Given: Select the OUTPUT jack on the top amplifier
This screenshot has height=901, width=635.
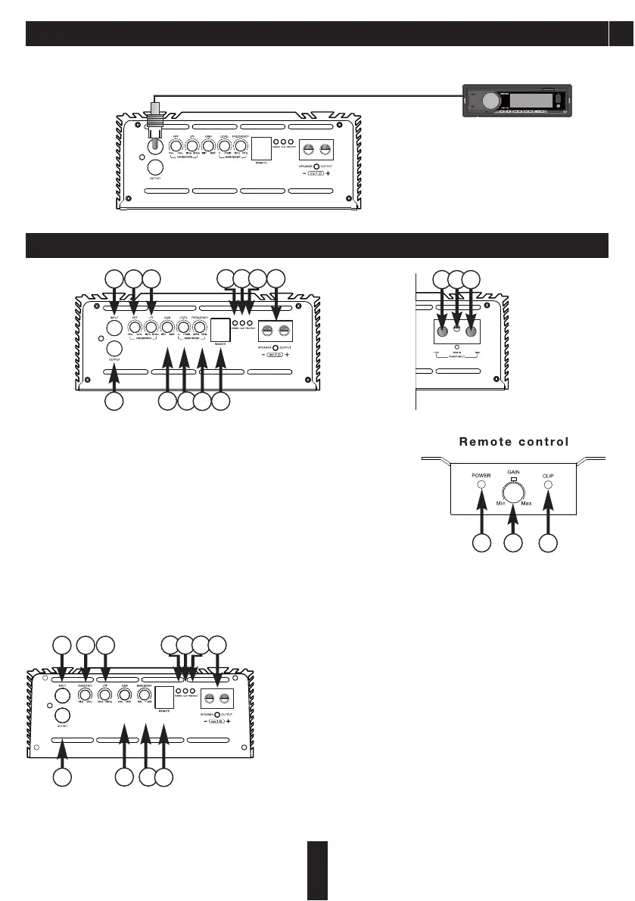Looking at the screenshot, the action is [x=157, y=168].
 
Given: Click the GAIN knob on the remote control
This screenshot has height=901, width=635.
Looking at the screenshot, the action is [x=515, y=493].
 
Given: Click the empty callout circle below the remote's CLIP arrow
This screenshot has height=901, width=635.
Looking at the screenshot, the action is [x=549, y=542].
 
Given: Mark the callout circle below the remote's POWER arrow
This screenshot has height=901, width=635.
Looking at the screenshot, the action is [x=481, y=542].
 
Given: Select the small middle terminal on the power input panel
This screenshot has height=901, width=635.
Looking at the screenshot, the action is [x=456, y=330].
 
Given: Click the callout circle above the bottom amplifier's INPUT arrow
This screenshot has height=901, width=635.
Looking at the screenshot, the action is [x=62, y=645].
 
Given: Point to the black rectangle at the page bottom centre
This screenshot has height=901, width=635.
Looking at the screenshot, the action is [x=319, y=869].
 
